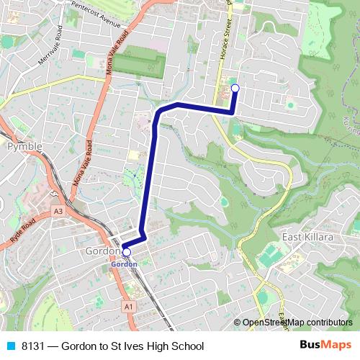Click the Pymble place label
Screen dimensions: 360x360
coord(24,146)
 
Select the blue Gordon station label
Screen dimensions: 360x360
coord(124,264)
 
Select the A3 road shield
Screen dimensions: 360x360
coord(58,212)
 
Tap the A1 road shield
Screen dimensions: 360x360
coord(129,307)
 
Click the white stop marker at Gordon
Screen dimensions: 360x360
coord(127,252)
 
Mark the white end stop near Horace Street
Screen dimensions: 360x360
coord(234,89)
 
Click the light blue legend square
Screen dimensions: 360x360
coord(10,346)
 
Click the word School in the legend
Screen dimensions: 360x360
coord(186,346)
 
